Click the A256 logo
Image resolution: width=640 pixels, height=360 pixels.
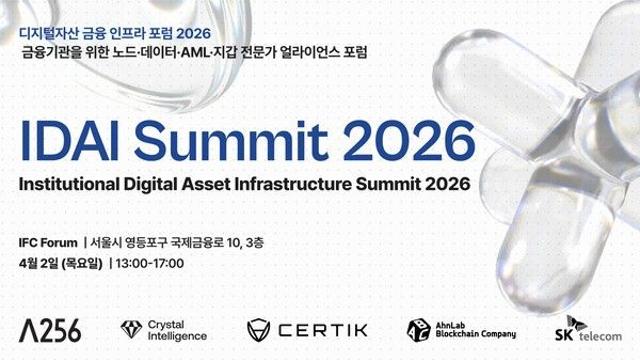click(x=50, y=329)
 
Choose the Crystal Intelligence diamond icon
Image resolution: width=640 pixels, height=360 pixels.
click(x=130, y=329)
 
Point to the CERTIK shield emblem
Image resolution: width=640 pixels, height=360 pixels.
click(x=260, y=330)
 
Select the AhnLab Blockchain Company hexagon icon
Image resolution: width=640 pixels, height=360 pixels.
click(x=417, y=330)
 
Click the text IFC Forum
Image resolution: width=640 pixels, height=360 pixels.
click(x=50, y=242)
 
